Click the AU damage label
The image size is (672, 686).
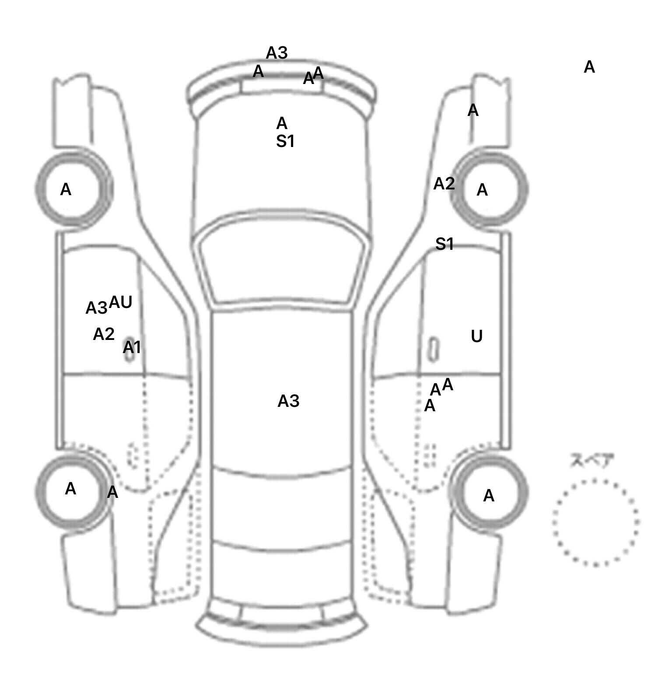pyautogui.click(x=120, y=302)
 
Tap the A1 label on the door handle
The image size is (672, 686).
pyautogui.click(x=132, y=348)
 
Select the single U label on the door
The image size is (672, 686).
pyautogui.click(x=477, y=336)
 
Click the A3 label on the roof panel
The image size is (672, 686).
pyautogui.click(x=288, y=401)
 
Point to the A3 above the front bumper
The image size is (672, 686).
pyautogui.click(x=276, y=53)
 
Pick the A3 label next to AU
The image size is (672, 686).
pyautogui.click(x=96, y=308)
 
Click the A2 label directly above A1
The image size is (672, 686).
pyautogui.click(x=104, y=335)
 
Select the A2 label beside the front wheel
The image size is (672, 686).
pyautogui.click(x=444, y=184)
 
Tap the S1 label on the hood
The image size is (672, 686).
pyautogui.click(x=285, y=142)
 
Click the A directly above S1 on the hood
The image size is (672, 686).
pyautogui.click(x=282, y=124)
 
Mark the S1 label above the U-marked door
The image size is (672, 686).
pyautogui.click(x=444, y=244)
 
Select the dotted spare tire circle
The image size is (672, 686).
pyautogui.click(x=595, y=523)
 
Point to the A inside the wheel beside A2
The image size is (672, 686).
pyautogui.click(x=482, y=190)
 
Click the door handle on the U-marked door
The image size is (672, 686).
pyautogui.click(x=433, y=350)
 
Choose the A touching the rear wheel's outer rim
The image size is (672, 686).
pyautogui.click(x=112, y=493)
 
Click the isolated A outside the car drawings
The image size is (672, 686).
pyautogui.click(x=589, y=67)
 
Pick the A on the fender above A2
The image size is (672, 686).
pyautogui.click(x=473, y=111)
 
